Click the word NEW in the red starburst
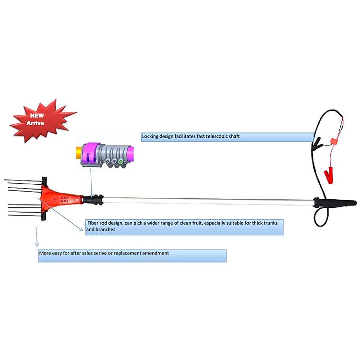(37, 116)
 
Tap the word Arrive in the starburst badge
(35, 123)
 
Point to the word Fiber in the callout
(93, 223)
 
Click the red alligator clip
(328, 176)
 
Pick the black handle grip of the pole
(335, 203)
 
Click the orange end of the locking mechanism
(79, 153)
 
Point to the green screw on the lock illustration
(120, 161)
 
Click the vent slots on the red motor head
(65, 199)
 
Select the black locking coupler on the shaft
(94, 200)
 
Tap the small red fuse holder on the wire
(334, 141)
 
